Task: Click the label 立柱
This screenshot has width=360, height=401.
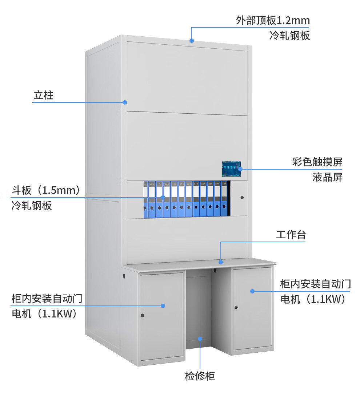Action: pyautogui.click(x=43, y=96)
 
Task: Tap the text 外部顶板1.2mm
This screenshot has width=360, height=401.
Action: pyautogui.click(x=273, y=20)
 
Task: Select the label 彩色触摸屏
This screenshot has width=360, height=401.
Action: pyautogui.click(x=317, y=162)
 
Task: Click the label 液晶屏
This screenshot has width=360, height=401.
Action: pyautogui.click(x=327, y=177)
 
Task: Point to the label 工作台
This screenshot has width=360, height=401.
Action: pyautogui.click(x=291, y=235)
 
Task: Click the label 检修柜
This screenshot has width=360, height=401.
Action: pyautogui.click(x=200, y=376)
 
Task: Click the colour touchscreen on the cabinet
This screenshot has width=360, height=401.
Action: pyautogui.click(x=232, y=169)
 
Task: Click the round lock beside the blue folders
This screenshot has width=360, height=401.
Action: pyautogui.click(x=242, y=198)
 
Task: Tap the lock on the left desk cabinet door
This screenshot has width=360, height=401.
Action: pyautogui.click(x=142, y=315)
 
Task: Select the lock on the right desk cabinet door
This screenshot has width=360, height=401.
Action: pyautogui.click(x=236, y=307)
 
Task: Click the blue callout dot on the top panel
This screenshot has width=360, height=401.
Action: pyautogui.click(x=192, y=40)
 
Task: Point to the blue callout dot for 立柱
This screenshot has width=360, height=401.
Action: pyautogui.click(x=124, y=102)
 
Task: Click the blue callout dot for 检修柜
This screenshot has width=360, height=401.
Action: pyautogui.click(x=200, y=339)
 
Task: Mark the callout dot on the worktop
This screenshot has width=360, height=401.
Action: pyautogui.click(x=220, y=262)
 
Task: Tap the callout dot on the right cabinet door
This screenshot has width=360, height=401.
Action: pyautogui.click(x=252, y=291)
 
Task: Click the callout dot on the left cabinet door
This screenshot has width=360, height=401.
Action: pyautogui.click(x=163, y=306)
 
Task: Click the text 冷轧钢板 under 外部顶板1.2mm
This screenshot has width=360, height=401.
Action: pyautogui.click(x=289, y=36)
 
